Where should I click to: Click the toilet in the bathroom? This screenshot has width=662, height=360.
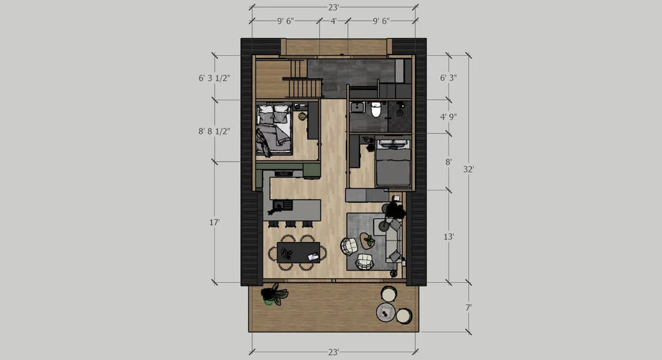(x=376, y=110)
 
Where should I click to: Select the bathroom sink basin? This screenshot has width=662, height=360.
(x=356, y=107)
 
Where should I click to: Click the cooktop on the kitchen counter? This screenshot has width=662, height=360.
(x=284, y=173)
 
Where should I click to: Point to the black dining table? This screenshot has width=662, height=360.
(x=298, y=252)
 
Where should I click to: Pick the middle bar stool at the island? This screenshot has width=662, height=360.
(x=289, y=224)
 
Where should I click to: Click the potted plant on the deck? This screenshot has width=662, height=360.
(x=273, y=295)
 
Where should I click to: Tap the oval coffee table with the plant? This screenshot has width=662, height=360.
(x=367, y=241)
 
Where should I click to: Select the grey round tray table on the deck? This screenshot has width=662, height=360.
(x=386, y=312)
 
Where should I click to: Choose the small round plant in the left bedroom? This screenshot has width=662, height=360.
(x=302, y=116)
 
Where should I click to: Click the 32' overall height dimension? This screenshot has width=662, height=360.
(x=469, y=170)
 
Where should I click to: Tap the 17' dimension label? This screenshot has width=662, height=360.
(x=215, y=222)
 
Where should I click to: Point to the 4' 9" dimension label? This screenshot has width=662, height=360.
(x=447, y=117)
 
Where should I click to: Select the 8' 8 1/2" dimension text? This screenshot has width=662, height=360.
(x=215, y=131)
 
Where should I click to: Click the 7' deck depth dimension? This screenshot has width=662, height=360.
(x=469, y=308)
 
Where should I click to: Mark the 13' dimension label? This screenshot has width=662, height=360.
(x=449, y=237)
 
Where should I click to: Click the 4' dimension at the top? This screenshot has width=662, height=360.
(x=333, y=22)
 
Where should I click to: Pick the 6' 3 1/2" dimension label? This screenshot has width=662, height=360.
(x=215, y=78)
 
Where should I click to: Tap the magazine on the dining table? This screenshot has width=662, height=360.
(x=313, y=256)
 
